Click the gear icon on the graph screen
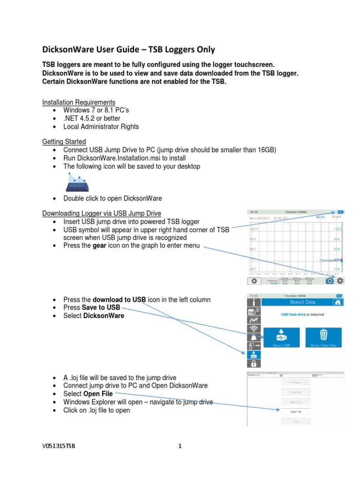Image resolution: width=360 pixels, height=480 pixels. [x=340, y=280]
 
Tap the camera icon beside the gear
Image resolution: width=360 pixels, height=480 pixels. [x=330, y=280]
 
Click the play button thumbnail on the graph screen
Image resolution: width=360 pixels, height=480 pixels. [x=254, y=281]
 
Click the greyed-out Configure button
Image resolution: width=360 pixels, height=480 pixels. [x=296, y=382]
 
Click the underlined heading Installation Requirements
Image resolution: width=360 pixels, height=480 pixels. [x=79, y=102]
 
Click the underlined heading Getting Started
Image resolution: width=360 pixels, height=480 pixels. [x=64, y=141]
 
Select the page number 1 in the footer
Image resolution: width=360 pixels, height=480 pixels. [x=180, y=446]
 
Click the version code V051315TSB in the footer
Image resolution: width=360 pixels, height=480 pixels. [x=59, y=446]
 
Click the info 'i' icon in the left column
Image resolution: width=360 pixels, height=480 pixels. [x=253, y=302]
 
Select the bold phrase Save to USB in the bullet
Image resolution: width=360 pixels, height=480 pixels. [x=101, y=307]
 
